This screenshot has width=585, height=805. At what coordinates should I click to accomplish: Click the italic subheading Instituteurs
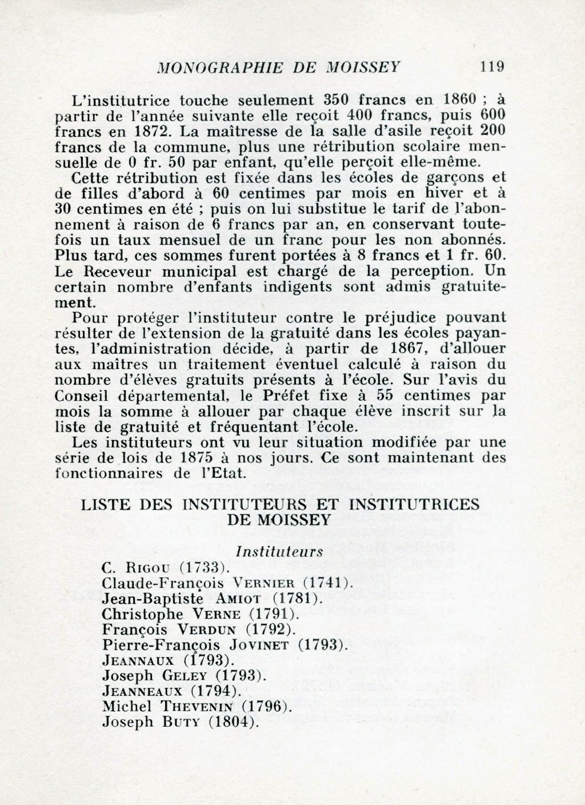pyautogui.click(x=279, y=552)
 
